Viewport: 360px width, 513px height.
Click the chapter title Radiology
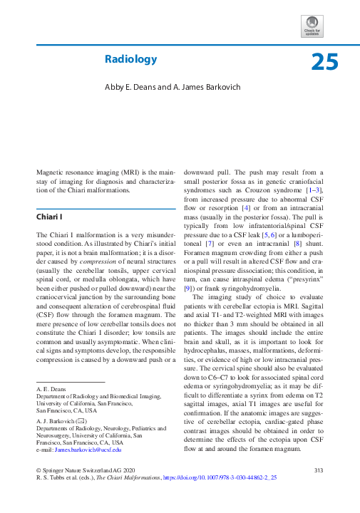pos(130,59)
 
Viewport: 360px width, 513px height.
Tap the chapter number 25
pos(324,63)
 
